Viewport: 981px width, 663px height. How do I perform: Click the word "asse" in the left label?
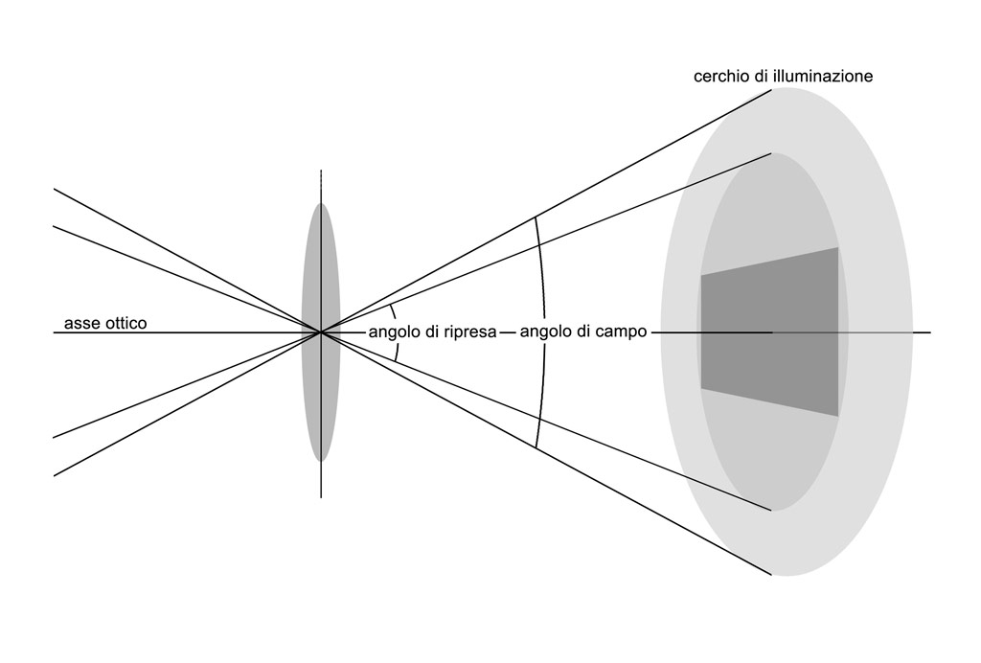point(79,324)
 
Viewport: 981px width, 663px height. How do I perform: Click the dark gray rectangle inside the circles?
point(769,331)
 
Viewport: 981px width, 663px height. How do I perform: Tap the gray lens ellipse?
point(321,331)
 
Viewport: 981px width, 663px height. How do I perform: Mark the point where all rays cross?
point(321,332)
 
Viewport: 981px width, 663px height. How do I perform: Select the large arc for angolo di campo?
point(545,332)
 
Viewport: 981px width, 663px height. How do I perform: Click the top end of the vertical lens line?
point(321,170)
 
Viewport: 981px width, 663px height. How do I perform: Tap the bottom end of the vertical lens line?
point(321,498)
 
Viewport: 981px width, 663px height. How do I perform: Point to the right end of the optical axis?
point(931,332)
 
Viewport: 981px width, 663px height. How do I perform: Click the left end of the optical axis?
point(54,332)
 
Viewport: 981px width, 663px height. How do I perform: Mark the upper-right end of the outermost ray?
point(771,90)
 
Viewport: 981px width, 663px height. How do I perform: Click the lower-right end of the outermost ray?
point(771,574)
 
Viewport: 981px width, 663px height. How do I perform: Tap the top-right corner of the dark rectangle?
point(838,248)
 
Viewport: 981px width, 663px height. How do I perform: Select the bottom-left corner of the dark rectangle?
point(700,389)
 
